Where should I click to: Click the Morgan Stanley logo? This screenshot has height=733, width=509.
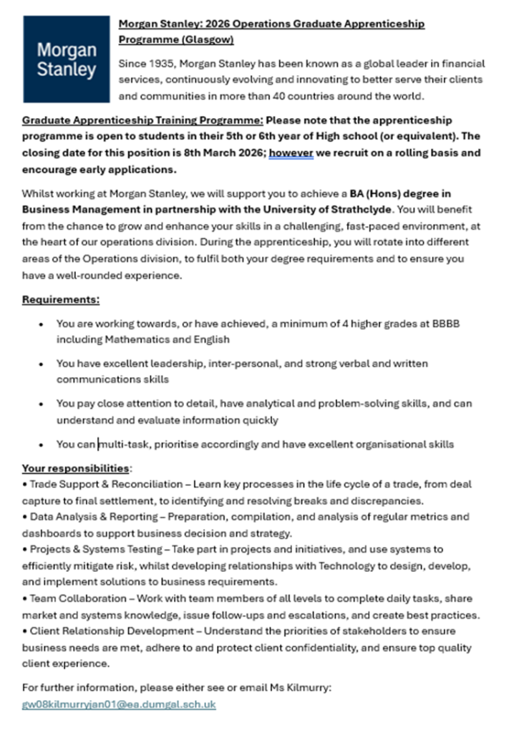coord(67,59)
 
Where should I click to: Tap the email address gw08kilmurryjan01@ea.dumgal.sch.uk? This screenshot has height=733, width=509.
coord(119,704)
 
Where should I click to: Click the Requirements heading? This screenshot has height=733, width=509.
coord(61,299)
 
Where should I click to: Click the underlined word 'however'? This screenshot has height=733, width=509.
coord(291,152)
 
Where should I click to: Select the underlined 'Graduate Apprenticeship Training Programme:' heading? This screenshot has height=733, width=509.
coord(143,120)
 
